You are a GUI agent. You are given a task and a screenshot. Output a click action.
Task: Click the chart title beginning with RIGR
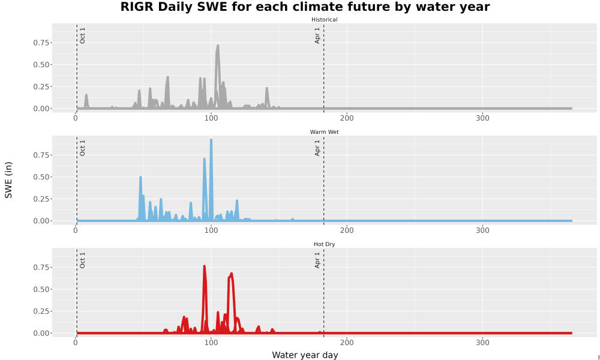pyautogui.click(x=305, y=7)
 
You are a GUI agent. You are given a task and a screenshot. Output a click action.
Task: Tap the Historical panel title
pyautogui.click(x=324, y=20)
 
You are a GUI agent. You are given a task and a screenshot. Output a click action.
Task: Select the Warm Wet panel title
pyautogui.click(x=324, y=132)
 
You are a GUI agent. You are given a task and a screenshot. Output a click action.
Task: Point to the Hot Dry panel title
pyautogui.click(x=324, y=244)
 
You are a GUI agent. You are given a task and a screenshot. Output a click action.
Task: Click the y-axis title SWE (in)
pyautogui.click(x=8, y=180)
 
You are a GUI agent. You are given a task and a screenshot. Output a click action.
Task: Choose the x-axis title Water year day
pyautogui.click(x=305, y=355)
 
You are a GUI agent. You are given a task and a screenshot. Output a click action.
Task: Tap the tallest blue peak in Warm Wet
pyautogui.click(x=211, y=140)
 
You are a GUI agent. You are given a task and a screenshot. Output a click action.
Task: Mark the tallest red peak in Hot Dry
pyautogui.click(x=205, y=266)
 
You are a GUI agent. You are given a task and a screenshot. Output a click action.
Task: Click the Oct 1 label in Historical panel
pyautogui.click(x=82, y=35)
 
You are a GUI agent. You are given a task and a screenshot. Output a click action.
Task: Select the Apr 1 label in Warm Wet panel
pyautogui.click(x=317, y=148)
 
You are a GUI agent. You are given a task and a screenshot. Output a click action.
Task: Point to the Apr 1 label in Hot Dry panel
pyautogui.click(x=317, y=260)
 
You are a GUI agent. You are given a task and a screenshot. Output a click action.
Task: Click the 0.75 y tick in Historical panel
pyautogui.click(x=41, y=43)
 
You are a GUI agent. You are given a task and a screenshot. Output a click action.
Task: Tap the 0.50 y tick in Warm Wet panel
pyautogui.click(x=41, y=177)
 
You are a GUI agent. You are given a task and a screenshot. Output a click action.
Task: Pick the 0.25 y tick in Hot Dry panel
pyautogui.click(x=41, y=311)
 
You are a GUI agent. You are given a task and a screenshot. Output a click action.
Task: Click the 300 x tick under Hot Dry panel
pyautogui.click(x=482, y=343)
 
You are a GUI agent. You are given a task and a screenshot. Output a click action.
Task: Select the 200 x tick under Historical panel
pyautogui.click(x=347, y=118)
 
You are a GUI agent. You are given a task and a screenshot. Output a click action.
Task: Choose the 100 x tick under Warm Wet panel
pyautogui.click(x=211, y=230)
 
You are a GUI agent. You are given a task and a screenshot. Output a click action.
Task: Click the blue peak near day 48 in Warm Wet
pyautogui.click(x=140, y=178)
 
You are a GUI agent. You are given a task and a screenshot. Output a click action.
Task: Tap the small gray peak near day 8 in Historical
pyautogui.click(x=86, y=95)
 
